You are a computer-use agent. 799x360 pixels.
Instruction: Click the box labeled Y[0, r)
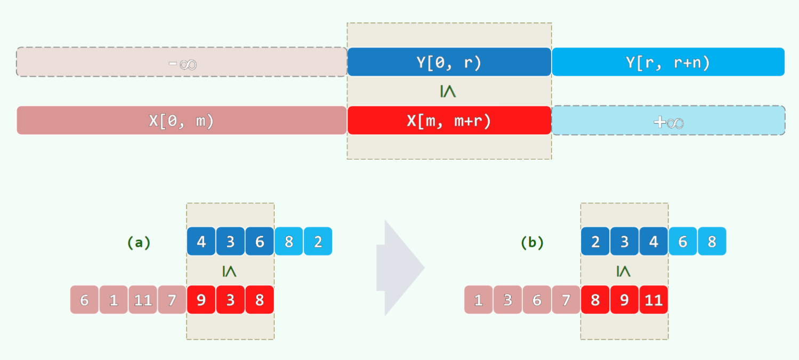(x=449, y=62)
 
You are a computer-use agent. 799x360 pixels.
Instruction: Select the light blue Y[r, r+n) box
(x=668, y=62)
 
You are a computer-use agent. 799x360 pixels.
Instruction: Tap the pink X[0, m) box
(x=181, y=121)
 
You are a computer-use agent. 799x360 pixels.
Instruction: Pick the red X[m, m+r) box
(x=449, y=121)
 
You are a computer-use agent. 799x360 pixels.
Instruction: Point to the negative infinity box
(x=181, y=62)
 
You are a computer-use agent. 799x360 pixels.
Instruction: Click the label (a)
(x=139, y=243)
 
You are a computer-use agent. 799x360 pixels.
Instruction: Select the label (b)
(x=532, y=243)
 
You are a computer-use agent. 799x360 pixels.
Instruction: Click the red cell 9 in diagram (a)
(x=201, y=300)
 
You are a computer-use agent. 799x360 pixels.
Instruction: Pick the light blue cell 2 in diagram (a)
(x=318, y=242)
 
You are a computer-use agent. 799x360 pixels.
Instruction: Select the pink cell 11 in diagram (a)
(x=143, y=300)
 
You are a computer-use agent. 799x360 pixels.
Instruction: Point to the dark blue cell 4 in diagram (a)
(x=201, y=242)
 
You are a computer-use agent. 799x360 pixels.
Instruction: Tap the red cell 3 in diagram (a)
(x=230, y=300)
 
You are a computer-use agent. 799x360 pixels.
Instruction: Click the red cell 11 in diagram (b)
(x=653, y=300)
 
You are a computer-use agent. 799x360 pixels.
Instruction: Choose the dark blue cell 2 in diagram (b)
(x=595, y=242)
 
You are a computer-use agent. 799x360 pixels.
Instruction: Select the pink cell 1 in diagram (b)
(x=478, y=300)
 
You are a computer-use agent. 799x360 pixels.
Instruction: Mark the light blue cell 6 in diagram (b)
(x=683, y=242)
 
